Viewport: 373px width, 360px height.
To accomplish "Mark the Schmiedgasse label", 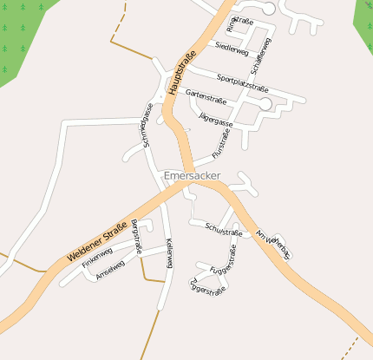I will pos(147,127).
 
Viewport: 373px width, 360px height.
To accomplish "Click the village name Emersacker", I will pos(192,176).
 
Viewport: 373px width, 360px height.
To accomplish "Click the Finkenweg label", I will pos(97,259).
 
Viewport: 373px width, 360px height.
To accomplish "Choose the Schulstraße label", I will pos(223,231).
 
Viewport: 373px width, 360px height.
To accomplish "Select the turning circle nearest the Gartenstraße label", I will pos(265,104).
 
